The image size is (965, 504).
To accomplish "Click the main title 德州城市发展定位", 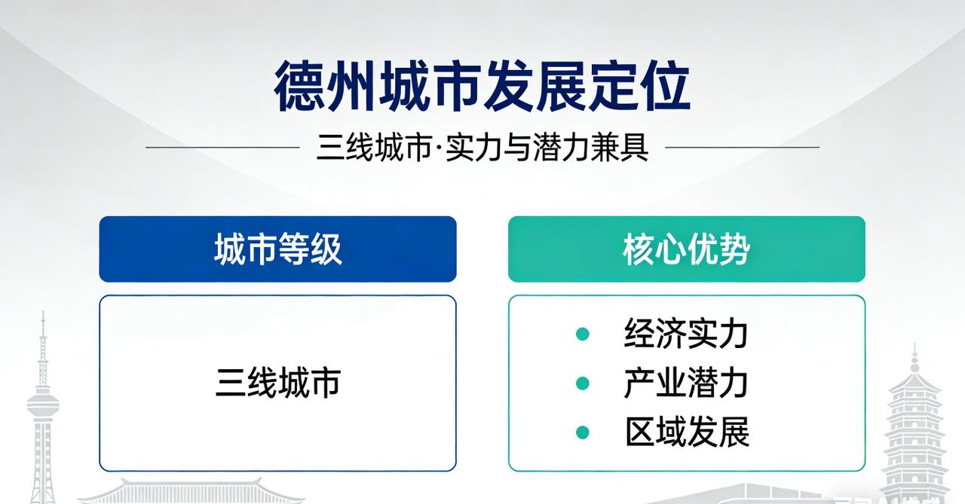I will pyautogui.click(x=482, y=87).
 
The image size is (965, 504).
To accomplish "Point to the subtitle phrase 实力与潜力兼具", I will pyautogui.click(x=547, y=148).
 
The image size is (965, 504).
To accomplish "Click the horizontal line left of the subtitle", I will pyautogui.click(x=222, y=148).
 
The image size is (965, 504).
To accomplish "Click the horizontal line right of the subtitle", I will pyautogui.click(x=742, y=148).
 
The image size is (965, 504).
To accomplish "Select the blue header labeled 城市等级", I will pyautogui.click(x=277, y=249).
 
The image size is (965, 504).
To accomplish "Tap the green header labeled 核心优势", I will pyautogui.click(x=686, y=249).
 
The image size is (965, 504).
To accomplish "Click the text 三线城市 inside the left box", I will pyautogui.click(x=277, y=383).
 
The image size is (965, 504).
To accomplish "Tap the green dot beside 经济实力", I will pyautogui.click(x=582, y=334).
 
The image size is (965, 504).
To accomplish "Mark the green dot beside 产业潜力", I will pyautogui.click(x=582, y=383).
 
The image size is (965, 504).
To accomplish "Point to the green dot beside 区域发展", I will pyautogui.click(x=582, y=432).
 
